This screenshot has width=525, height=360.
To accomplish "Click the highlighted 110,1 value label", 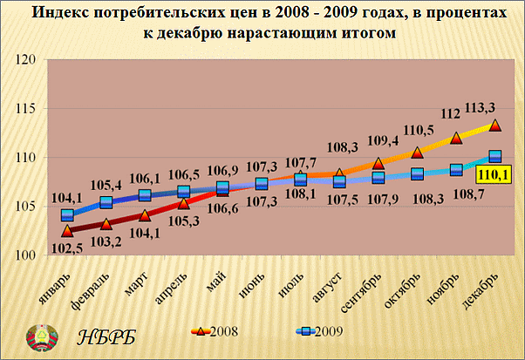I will click(494, 175).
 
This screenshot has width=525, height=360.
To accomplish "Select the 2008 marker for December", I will click(494, 125).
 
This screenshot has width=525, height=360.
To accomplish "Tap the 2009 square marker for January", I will click(67, 215).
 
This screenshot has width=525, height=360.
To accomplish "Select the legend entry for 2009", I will click(316, 331).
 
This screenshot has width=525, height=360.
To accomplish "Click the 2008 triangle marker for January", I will click(67, 231).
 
